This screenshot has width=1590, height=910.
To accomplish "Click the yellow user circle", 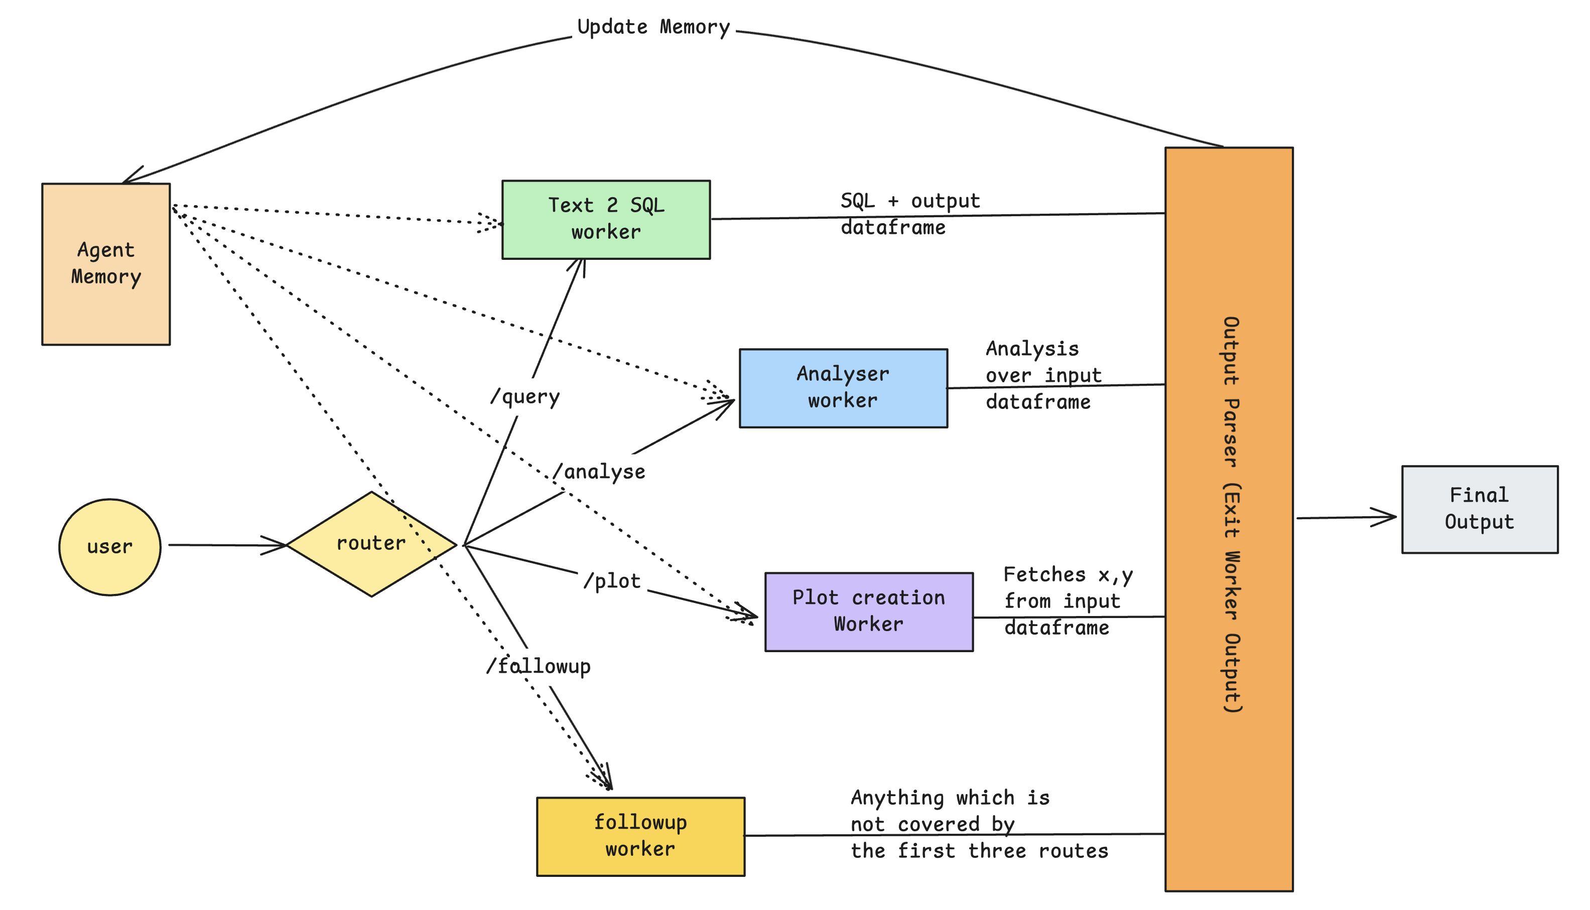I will point(109,547).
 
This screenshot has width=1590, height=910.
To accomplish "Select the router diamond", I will point(371,544).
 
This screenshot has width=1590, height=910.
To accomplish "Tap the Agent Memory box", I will point(106,264).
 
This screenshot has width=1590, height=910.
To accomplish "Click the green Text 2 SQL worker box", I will point(605,219).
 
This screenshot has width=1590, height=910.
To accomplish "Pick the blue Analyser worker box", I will point(842,388).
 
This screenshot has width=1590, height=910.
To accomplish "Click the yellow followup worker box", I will point(640,836).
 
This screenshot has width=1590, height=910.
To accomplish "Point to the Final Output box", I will point(1479,509).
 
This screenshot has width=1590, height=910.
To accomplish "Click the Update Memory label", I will point(653,27).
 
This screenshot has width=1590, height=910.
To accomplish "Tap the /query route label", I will point(525,397).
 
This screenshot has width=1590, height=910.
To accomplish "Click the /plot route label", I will point(612,581).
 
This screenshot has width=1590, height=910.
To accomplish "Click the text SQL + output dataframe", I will point(910,214).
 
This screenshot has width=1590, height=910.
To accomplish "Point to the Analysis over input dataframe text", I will point(1043,375).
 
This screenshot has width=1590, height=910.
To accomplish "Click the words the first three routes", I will point(979,851).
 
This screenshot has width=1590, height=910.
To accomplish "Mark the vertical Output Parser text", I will point(1231,514).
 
